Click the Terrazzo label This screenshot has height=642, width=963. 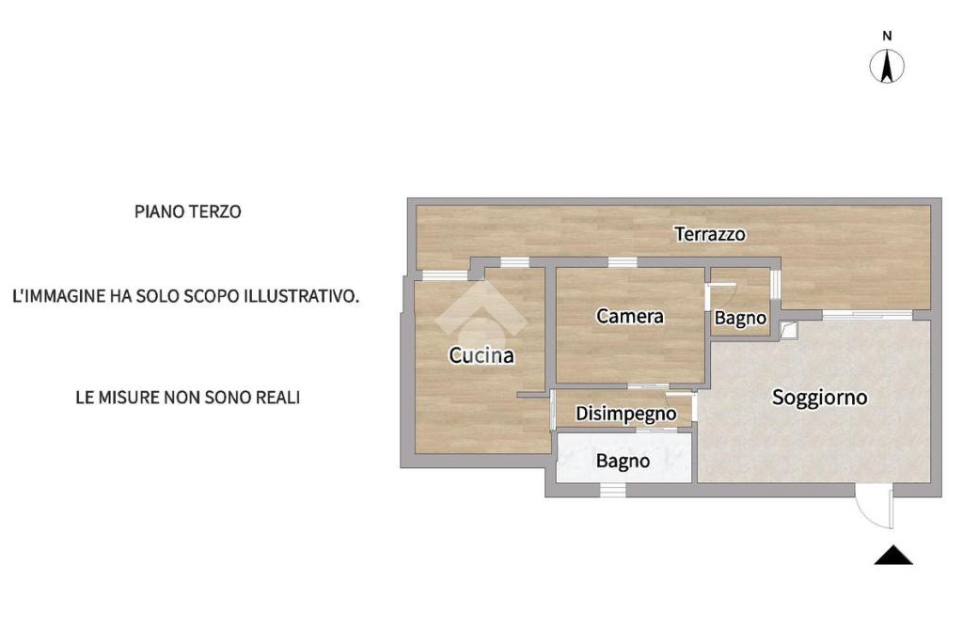click(710, 234)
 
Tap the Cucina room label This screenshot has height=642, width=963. click(481, 355)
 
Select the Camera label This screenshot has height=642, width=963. click(630, 317)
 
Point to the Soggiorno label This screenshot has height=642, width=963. click(819, 397)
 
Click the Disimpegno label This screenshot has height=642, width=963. click(626, 413)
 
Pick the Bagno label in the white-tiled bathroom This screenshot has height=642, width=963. click(623, 461)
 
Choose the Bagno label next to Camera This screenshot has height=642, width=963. click(740, 318)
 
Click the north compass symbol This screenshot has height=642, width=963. click(887, 66)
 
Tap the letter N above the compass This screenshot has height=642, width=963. click(887, 36)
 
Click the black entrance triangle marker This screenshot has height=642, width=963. click(893, 556)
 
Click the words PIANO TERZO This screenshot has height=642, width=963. click(188, 211)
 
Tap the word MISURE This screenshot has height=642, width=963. click(133, 398)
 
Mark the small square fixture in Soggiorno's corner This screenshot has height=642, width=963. click(788, 329)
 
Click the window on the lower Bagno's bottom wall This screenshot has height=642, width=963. click(612, 490)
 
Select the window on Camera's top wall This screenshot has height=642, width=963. click(622, 261)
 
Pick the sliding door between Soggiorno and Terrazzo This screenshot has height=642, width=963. click(867, 315)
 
